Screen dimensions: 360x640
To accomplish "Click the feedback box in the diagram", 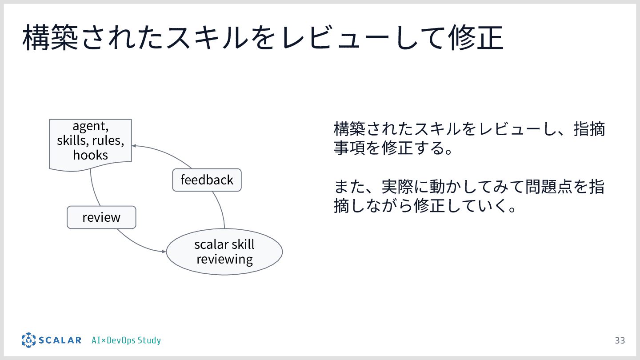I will click(207, 180).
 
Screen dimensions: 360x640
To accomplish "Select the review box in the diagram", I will click(101, 217).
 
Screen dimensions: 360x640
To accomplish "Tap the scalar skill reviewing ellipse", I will click(224, 252).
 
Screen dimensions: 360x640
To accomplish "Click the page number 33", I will click(620, 340).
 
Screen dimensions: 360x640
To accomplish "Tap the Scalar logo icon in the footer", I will click(28, 340).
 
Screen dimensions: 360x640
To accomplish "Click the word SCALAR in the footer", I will click(60, 340).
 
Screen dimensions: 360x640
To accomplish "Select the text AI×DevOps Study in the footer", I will click(126, 340).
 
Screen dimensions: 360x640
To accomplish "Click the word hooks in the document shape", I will click(91, 155).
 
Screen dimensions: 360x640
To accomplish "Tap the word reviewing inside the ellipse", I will click(224, 259).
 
